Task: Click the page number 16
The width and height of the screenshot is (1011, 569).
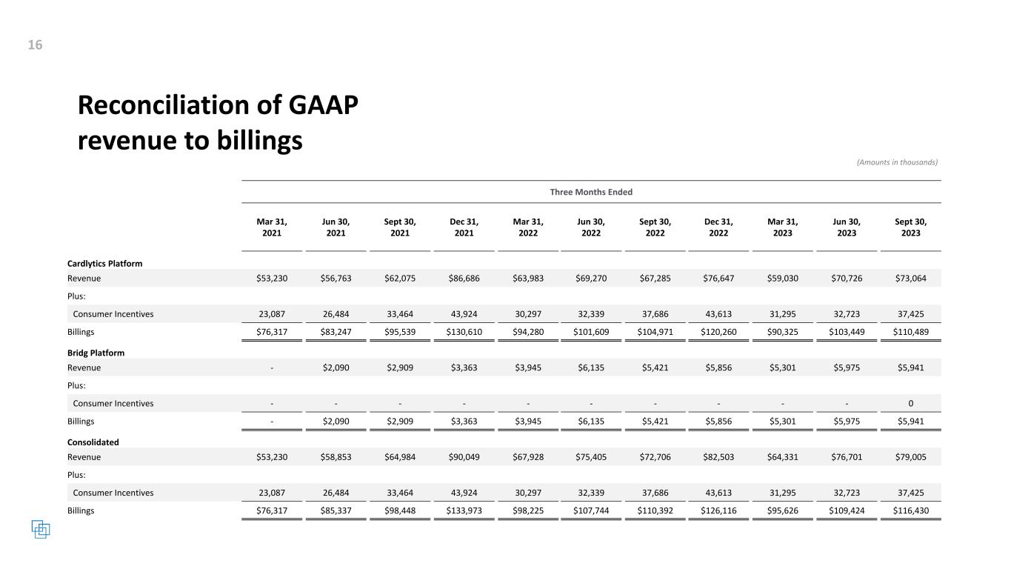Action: pyautogui.click(x=35, y=45)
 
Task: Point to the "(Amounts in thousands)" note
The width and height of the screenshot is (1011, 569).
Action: pyautogui.click(x=897, y=162)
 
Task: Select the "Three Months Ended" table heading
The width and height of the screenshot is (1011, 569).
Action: pyautogui.click(x=590, y=192)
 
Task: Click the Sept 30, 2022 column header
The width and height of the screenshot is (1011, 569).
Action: pyautogui.click(x=655, y=227)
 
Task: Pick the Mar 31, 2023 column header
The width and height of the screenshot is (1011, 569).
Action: pyautogui.click(x=782, y=227)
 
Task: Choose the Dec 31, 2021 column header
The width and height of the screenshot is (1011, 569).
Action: pyautogui.click(x=464, y=227)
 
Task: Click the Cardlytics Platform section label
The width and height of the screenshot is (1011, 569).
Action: pyautogui.click(x=104, y=263)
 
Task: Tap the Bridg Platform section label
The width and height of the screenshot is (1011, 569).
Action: pyautogui.click(x=96, y=353)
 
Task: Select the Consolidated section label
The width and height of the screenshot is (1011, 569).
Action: pyautogui.click(x=93, y=442)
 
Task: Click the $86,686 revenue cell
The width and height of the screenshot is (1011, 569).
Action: pyautogui.click(x=464, y=279)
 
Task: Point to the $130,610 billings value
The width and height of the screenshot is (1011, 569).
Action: pyautogui.click(x=464, y=332)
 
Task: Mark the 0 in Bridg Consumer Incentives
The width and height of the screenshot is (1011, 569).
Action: pyautogui.click(x=910, y=403)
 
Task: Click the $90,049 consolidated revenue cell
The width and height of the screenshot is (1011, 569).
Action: pyautogui.click(x=464, y=457)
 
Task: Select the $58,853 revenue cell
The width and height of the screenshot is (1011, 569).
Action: pyautogui.click(x=336, y=457)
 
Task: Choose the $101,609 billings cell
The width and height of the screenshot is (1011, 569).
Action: pyautogui.click(x=591, y=332)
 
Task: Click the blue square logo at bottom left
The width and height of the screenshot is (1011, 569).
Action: pyautogui.click(x=40, y=529)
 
